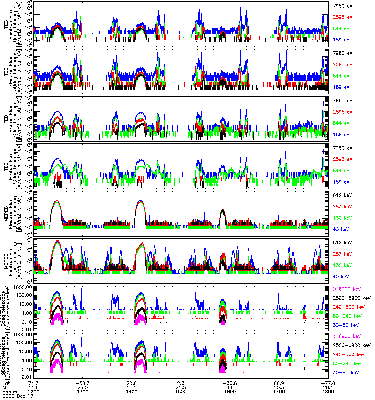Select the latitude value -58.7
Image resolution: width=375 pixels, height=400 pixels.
[x=83, y=382]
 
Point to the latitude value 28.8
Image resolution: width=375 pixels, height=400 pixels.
[x=132, y=382]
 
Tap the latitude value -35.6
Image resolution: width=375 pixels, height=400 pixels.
[x=228, y=382]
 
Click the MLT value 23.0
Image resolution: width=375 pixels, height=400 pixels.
[x=83, y=387]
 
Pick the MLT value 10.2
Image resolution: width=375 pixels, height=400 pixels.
[x=132, y=387]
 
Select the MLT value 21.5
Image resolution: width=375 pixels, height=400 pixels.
[x=181, y=387]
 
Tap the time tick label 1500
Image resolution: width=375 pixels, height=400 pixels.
[x=181, y=391]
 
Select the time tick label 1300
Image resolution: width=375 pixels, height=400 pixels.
[x=83, y=391]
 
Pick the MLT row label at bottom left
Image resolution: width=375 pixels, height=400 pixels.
[x=5, y=387]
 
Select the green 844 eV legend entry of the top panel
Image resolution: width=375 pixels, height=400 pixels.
[x=343, y=28]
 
